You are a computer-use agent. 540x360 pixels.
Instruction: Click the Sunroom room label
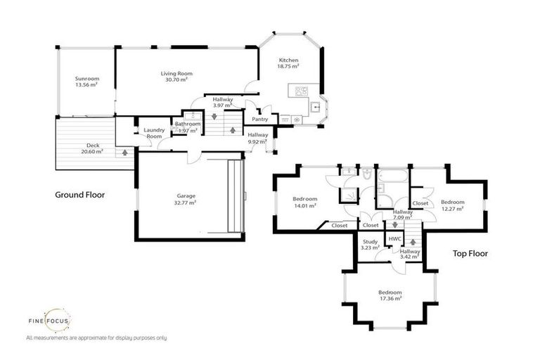pyautogui.click(x=87, y=78)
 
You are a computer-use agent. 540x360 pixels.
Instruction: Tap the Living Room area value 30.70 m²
pyautogui.click(x=176, y=80)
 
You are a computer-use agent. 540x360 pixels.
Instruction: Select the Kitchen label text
pyautogui.click(x=288, y=60)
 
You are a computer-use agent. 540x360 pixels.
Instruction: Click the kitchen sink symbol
pyautogui.click(x=317, y=108)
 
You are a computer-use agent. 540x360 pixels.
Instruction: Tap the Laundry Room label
pyautogui.click(x=153, y=133)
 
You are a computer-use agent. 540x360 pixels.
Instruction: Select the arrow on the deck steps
pyautogui.click(x=124, y=151)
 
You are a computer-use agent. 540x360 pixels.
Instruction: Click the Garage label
pyautogui.click(x=186, y=195)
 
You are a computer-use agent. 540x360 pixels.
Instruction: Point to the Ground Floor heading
pyautogui.click(x=79, y=195)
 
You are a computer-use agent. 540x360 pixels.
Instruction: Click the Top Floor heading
pyautogui.click(x=470, y=253)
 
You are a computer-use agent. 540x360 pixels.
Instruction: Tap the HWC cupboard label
pyautogui.click(x=394, y=238)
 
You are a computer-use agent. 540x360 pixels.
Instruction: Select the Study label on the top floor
pyautogui.click(x=370, y=242)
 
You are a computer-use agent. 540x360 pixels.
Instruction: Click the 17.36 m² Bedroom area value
pyautogui.click(x=390, y=298)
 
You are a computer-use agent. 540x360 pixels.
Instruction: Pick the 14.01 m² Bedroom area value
pyautogui.click(x=305, y=205)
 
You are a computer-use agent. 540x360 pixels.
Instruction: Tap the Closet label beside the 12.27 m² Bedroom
pyautogui.click(x=420, y=203)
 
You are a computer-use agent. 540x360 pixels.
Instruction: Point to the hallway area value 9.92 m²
pyautogui.click(x=258, y=141)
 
